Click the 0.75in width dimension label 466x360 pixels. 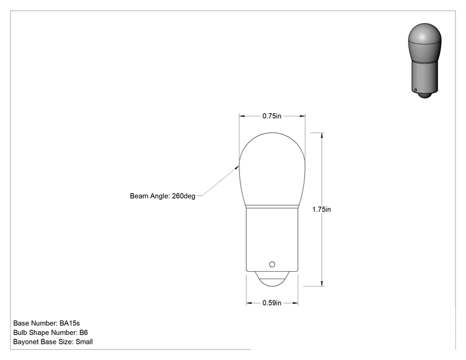coord(272,116)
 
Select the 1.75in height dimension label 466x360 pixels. coord(321,209)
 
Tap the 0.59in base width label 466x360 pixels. coord(272,303)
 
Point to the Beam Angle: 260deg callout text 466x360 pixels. coord(163,196)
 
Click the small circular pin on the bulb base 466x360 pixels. coord(272,264)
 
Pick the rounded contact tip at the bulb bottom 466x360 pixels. coord(272,279)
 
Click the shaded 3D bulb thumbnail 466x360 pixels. coord(425,61)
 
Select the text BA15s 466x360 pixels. coord(70,323)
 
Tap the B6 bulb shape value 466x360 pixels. coord(83,332)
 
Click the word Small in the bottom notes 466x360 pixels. coord(84,342)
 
